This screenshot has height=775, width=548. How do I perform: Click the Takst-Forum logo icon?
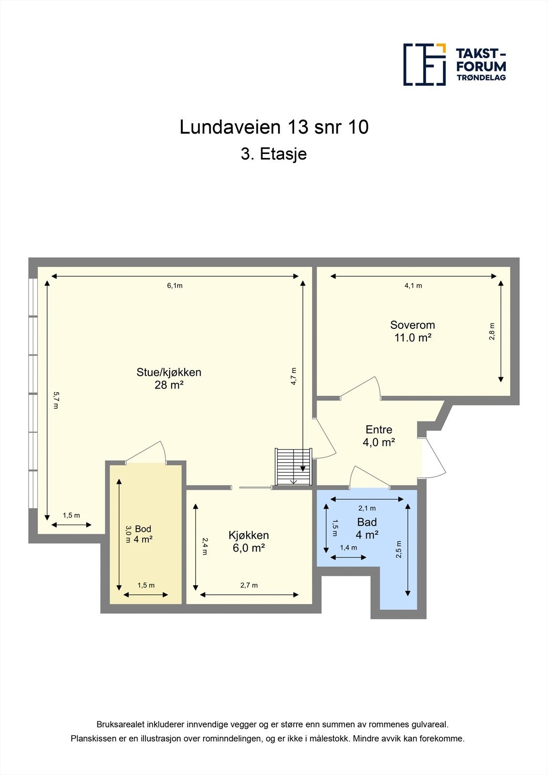(x=424, y=64)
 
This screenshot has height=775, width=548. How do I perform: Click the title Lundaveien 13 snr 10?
(x=274, y=127)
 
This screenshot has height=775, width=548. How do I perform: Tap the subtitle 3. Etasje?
(x=274, y=155)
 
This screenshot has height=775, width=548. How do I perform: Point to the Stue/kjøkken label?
(x=169, y=378)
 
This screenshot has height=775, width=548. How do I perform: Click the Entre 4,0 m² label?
(x=378, y=435)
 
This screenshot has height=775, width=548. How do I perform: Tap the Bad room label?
(x=367, y=528)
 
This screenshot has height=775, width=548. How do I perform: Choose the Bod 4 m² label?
(x=143, y=534)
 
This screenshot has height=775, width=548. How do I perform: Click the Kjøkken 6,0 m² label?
(x=249, y=542)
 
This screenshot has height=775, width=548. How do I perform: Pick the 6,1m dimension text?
(x=175, y=286)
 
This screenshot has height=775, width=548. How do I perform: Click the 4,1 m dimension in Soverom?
(x=413, y=286)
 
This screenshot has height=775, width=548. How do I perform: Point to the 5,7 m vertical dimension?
(x=55, y=400)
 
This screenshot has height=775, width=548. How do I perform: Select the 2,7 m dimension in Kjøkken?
(x=249, y=586)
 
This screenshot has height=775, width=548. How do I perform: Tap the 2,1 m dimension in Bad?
(x=367, y=508)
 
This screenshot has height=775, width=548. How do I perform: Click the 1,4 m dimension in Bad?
(x=348, y=548)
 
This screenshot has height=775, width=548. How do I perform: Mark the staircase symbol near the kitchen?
(x=293, y=466)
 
